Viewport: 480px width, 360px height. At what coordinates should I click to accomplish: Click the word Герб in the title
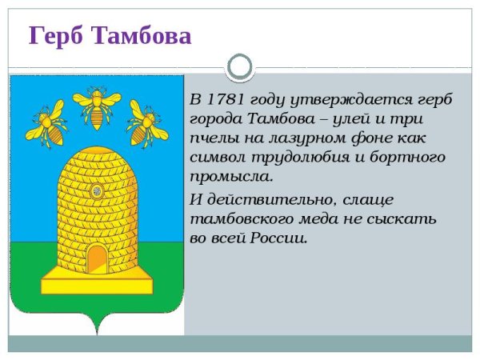pyautogui.click(x=57, y=35)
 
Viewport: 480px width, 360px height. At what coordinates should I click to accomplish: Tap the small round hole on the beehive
pyautogui.click(x=97, y=190)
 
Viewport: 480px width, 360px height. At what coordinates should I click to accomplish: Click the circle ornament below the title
pyautogui.click(x=240, y=66)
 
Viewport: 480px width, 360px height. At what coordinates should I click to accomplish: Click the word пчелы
pyautogui.click(x=211, y=138)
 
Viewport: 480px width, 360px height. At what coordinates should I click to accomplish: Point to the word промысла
pyautogui.click(x=231, y=177)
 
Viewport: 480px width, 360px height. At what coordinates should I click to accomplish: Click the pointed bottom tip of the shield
pyautogui.click(x=97, y=330)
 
